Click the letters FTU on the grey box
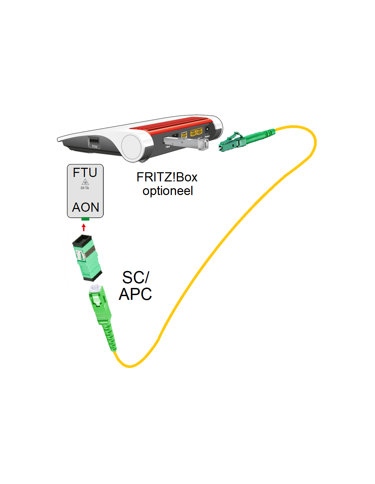85,173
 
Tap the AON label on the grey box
86,207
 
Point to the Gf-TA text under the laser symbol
85,188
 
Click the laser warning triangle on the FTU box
85,182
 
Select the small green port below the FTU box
85,219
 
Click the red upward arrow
84,227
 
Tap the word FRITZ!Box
167,177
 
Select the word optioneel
168,191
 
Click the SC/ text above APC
135,277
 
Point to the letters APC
135,294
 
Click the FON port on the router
93,141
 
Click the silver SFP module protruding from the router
186,142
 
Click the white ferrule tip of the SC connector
95,288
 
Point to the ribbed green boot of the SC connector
109,335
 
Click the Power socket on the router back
207,130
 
